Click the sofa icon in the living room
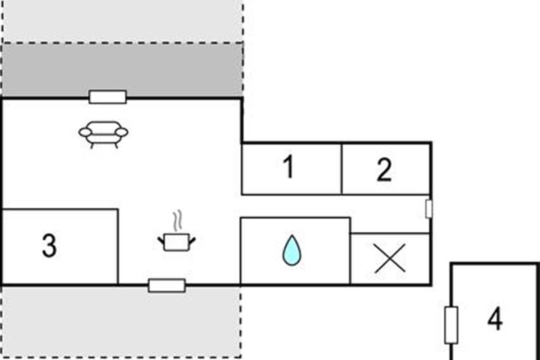103,135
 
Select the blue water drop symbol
292,250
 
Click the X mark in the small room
390,258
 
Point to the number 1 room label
288,166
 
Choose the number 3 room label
49,246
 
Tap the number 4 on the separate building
495,319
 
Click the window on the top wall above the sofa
108,97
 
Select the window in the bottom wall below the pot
167,285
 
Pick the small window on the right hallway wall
429,209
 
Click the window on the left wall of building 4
451,325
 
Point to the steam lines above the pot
177,220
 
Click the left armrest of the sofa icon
85,132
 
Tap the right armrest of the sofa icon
122,132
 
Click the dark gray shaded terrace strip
122,70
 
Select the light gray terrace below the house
121,322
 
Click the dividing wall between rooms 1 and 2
342,169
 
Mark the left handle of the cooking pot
161,241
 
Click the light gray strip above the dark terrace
122,21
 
